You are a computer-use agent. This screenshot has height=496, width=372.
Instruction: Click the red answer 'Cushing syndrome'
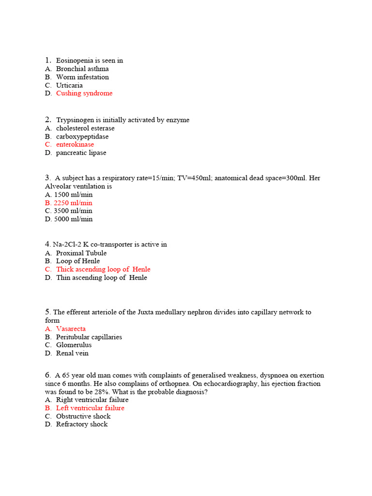84,93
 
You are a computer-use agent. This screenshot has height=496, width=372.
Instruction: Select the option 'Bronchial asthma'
82,69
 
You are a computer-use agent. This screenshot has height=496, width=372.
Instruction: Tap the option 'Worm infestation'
82,77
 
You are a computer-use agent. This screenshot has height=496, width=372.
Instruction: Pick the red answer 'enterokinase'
75,144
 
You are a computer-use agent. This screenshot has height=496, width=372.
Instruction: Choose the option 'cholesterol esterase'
85,128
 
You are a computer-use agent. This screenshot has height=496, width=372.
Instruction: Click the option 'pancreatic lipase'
81,153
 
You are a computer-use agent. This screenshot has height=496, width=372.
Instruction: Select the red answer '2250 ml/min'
73,203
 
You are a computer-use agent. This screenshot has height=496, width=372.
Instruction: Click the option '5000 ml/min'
73,219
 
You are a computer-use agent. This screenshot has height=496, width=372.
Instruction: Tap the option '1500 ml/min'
73,195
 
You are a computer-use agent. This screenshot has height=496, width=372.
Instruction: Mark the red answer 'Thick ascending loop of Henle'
103,269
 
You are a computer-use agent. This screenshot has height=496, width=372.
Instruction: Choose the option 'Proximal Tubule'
81,253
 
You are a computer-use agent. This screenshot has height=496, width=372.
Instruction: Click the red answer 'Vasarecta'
71,329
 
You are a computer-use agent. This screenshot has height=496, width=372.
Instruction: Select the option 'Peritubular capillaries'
89,337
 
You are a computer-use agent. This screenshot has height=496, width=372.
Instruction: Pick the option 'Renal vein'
72,353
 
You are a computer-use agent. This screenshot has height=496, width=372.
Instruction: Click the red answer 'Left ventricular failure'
90,408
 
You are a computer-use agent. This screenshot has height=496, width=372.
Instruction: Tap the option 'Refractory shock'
82,424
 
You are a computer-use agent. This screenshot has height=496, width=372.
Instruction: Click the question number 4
47,244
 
